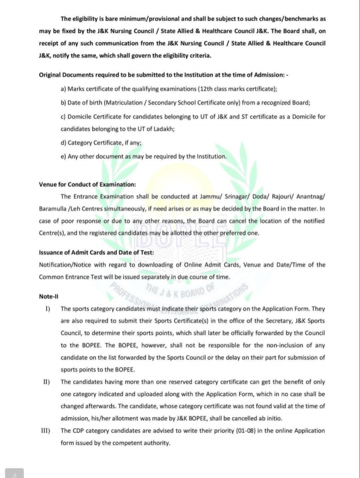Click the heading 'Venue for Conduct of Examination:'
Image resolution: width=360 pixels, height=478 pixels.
tap(81, 184)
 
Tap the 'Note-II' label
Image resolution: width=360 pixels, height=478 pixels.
tap(49, 296)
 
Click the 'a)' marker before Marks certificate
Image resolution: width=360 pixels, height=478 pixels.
tap(63, 89)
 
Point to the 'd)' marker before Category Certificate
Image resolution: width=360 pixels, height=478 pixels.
tap(63, 143)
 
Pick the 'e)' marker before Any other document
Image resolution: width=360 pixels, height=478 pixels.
tap(63, 156)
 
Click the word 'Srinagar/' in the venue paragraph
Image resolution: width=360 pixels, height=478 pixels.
tap(225, 197)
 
